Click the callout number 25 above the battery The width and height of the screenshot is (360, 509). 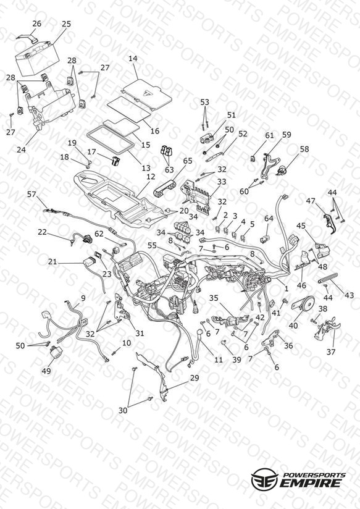click(66, 23)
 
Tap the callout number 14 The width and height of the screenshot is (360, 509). click(133, 59)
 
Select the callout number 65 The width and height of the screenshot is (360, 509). click(188, 161)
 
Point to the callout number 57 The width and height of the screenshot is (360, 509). click(31, 195)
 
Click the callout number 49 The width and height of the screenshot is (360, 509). click(46, 371)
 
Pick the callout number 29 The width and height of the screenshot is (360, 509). click(195, 378)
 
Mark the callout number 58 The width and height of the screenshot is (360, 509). click(304, 149)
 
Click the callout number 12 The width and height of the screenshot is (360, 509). click(151, 177)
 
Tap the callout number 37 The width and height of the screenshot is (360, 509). click(331, 351)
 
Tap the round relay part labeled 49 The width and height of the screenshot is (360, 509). click(55, 353)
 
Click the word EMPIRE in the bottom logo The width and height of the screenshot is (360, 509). click(311, 482)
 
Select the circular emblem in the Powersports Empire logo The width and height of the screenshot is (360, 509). click(264, 478)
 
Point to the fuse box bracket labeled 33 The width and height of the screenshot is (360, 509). click(197, 198)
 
